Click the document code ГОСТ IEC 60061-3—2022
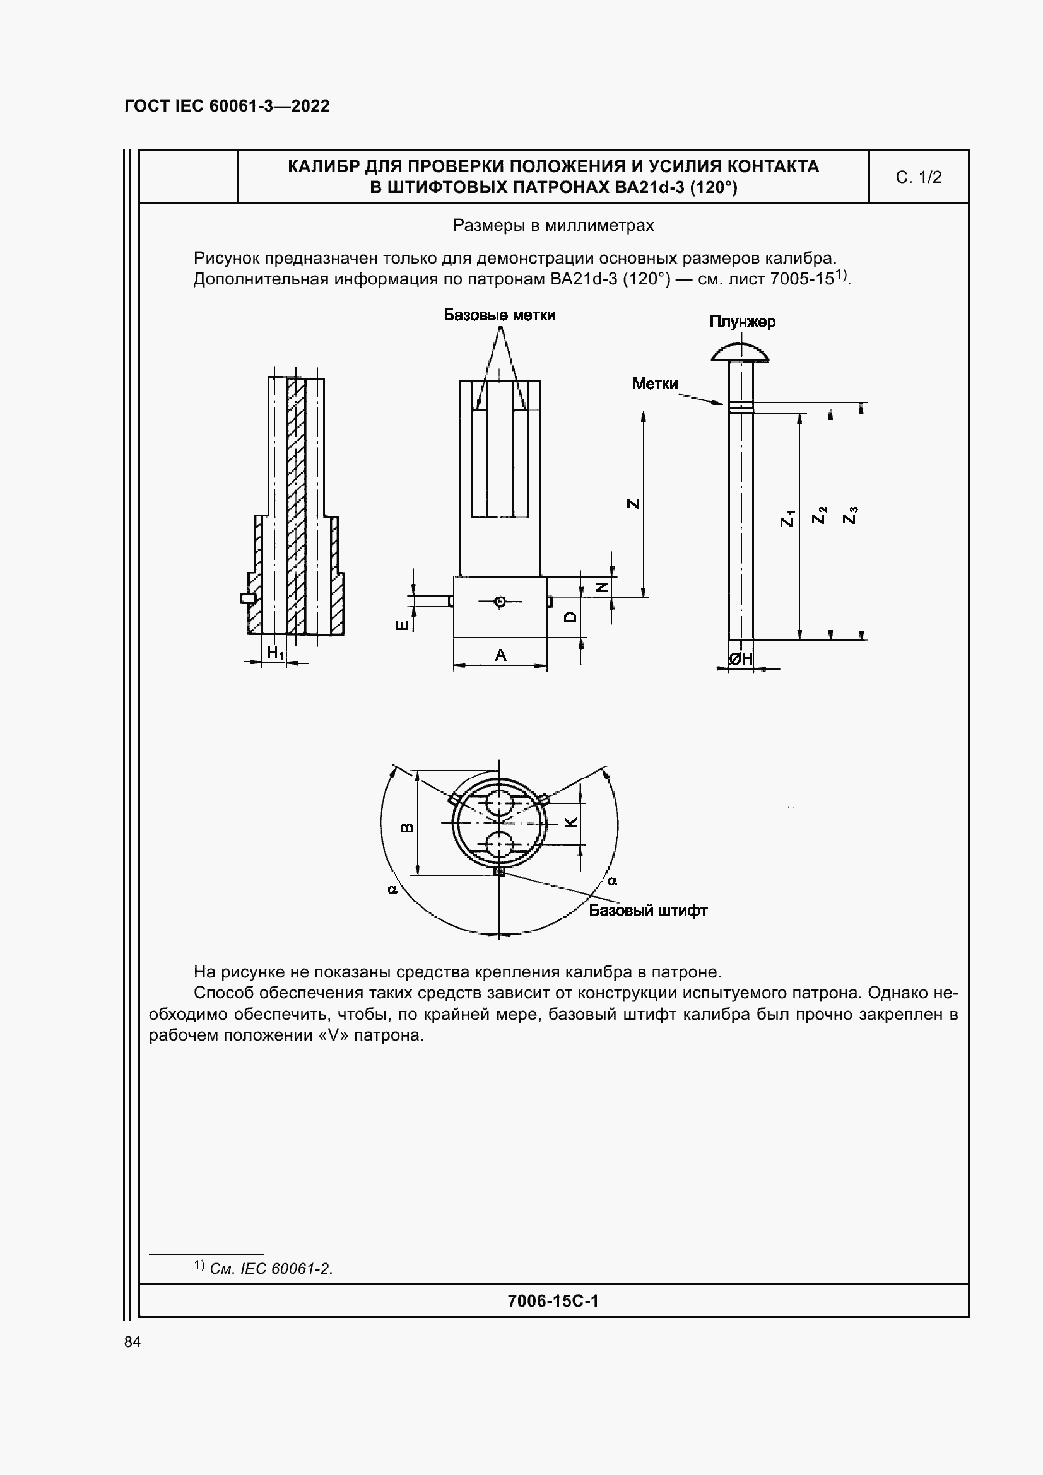[227, 106]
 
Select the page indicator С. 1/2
[918, 177]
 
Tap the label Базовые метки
[499, 315]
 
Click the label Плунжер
[742, 322]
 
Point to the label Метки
[655, 383]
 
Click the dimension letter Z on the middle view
[633, 504]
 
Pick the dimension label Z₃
[850, 515]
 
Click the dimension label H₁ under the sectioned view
[275, 653]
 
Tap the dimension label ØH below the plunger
[740, 658]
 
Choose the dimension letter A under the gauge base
[500, 655]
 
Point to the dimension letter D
[570, 617]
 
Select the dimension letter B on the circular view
[406, 827]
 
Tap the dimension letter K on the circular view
[571, 822]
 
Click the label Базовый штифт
[648, 911]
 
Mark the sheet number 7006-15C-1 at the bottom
[553, 1301]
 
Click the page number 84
[133, 1342]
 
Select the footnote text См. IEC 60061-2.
[271, 1269]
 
